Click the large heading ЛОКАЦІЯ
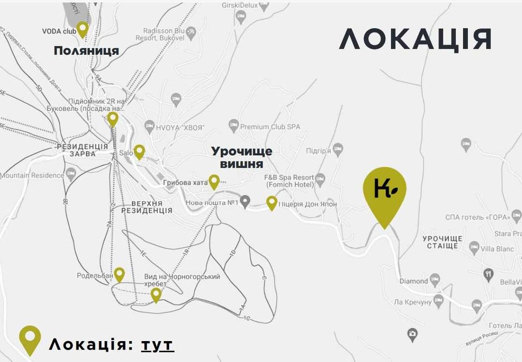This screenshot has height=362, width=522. pyautogui.click(x=416, y=39)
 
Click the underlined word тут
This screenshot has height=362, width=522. pyautogui.click(x=157, y=345)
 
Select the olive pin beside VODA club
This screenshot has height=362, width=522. pyautogui.click(x=82, y=29)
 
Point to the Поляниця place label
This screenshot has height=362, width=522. pyautogui.click(x=86, y=51)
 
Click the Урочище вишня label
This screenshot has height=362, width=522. pyautogui.click(x=241, y=157)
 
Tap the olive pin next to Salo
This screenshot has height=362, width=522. pyautogui.click(x=139, y=151)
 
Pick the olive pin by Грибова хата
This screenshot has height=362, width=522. pyautogui.click(x=214, y=181)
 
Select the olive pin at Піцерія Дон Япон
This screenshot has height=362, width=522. pyautogui.click(x=271, y=202)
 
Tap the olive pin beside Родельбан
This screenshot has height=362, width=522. pyautogui.click(x=120, y=274)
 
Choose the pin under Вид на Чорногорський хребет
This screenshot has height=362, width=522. pyautogui.click(x=156, y=295)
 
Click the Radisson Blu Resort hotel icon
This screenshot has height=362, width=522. pyautogui.click(x=191, y=32)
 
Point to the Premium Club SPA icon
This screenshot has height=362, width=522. pyautogui.click(x=233, y=125)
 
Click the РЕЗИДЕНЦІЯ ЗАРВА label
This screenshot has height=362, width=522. pyautogui.click(x=82, y=150)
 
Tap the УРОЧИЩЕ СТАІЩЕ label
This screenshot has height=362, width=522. pyautogui.click(x=443, y=242)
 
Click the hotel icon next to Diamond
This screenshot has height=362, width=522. pyautogui.click(x=435, y=281)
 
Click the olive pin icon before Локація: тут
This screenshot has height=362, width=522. pyautogui.click(x=30, y=340)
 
